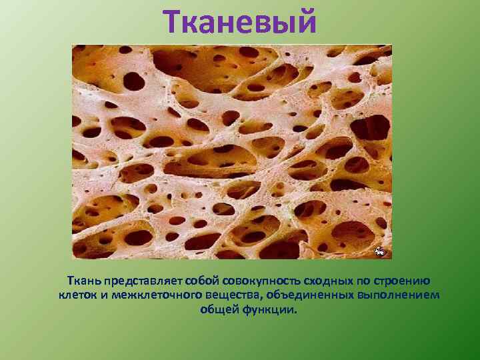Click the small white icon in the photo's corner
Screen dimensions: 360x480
point(379,251)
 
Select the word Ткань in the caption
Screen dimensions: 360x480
point(83,281)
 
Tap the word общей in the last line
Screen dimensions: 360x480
point(215,310)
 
